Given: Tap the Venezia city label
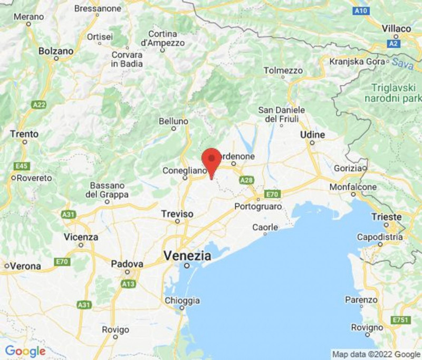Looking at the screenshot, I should pyautogui.click(x=187, y=256).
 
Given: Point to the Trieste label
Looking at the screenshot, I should pyautogui.click(x=387, y=217).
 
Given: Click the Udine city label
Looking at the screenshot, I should pyautogui.click(x=312, y=135).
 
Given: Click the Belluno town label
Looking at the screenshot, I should pyautogui.click(x=174, y=122).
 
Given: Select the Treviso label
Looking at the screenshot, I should pyautogui.click(x=177, y=214).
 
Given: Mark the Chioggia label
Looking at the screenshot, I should pyautogui.click(x=182, y=300).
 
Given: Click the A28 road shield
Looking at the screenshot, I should pyautogui.click(x=246, y=181).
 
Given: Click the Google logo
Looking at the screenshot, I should pyautogui.click(x=25, y=352).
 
